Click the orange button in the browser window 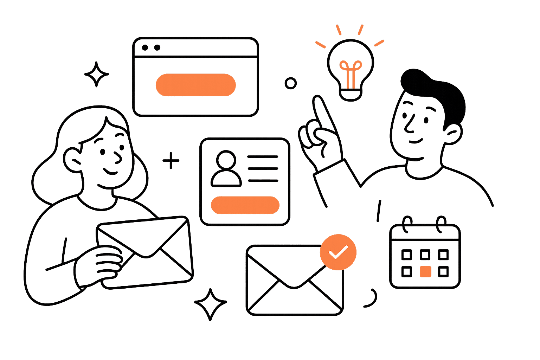195,85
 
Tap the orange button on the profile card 245,205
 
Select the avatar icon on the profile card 226,169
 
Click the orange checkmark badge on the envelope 338,252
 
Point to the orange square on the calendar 425,272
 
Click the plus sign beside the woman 171,161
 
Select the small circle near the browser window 290,83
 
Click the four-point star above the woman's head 96,74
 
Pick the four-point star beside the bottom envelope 210,304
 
